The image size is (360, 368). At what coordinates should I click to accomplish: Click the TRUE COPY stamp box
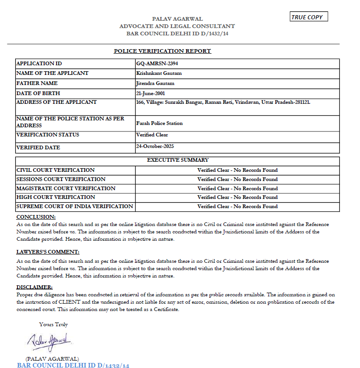309,17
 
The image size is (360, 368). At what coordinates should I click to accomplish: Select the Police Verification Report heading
162,51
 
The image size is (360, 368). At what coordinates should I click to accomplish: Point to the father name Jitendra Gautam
155,83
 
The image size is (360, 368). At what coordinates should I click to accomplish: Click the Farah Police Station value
160,123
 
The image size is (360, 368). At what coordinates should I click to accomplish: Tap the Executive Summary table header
177,160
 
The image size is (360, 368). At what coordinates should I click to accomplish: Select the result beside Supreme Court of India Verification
237,206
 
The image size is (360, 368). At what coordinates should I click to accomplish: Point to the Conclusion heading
36,216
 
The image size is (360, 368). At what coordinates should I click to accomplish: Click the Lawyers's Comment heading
48,252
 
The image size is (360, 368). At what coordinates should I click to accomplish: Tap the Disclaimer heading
34,287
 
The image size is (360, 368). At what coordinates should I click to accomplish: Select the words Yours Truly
53,324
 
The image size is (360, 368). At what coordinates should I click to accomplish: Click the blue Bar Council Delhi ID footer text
73,365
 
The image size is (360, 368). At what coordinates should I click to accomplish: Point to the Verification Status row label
48,135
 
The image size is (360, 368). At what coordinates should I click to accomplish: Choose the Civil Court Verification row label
56,170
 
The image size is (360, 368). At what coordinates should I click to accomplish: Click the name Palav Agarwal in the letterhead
177,19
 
